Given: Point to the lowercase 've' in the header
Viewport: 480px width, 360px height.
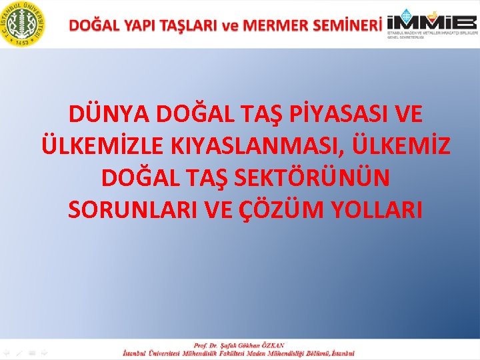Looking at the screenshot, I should coord(230,26).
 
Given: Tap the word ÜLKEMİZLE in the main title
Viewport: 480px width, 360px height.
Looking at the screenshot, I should coord(106,146).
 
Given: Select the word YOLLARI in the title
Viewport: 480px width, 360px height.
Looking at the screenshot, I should coord(375,209).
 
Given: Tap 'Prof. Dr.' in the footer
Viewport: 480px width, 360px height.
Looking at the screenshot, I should coord(205,345).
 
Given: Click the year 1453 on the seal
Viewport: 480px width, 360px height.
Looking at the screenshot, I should coord(24,41).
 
